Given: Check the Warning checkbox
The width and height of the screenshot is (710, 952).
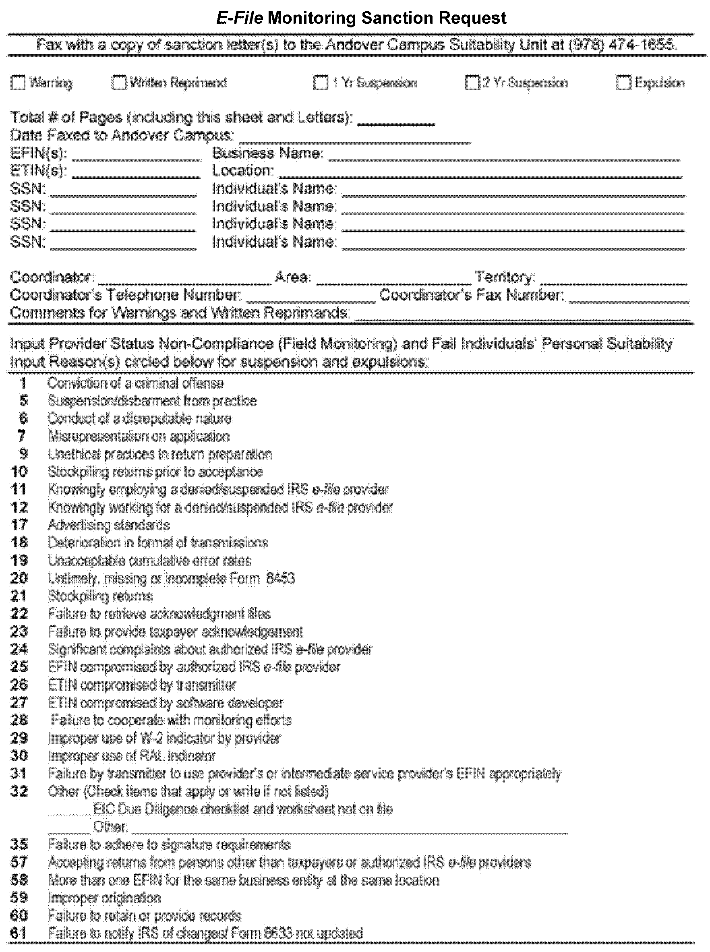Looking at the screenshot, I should coord(18,83).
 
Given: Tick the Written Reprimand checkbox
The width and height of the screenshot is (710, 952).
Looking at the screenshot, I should coord(119,83).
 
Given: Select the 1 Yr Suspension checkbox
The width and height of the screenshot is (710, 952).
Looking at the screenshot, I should coord(321,83).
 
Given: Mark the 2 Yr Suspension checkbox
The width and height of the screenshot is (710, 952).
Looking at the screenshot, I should coord(472,83).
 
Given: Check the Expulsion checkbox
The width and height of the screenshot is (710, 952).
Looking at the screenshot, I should coord(623,83).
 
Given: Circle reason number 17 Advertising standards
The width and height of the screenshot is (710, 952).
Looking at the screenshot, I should coord(19,525).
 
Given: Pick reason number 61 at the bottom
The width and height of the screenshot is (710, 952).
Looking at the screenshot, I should coord(19,933).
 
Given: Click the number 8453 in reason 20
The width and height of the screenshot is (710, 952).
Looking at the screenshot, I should coord(280,578).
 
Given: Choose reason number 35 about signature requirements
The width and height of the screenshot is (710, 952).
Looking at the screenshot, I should coord(19,844).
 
